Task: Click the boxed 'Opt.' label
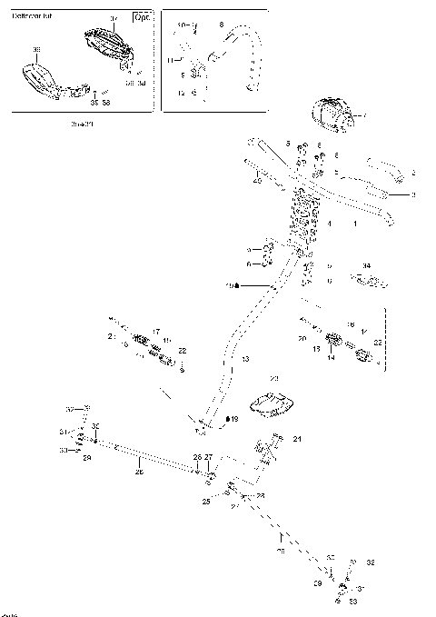pos(142,18)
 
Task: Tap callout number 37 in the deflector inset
pos(114,18)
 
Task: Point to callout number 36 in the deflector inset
pos(36,49)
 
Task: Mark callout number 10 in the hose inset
pos(182,25)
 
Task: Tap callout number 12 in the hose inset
pos(181,93)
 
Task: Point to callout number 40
pos(257,182)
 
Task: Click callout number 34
pos(366,266)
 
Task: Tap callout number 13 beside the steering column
pos(244,361)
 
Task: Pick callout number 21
pos(296,439)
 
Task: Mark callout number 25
pos(206,501)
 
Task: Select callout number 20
pos(302,338)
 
